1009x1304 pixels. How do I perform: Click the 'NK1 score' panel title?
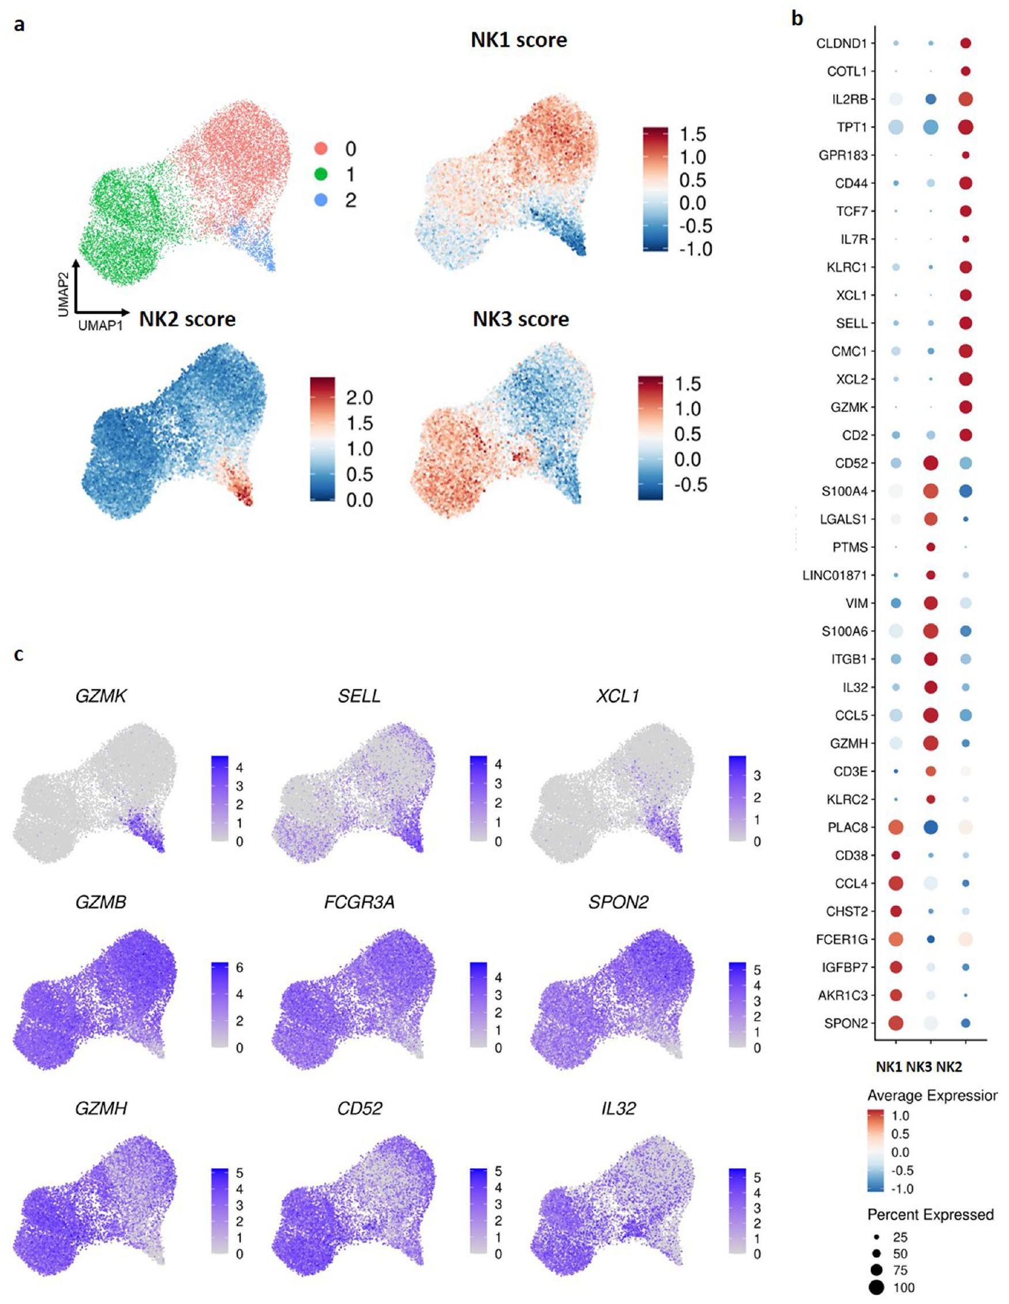pyautogui.click(x=519, y=40)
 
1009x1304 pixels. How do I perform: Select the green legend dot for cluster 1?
pyautogui.click(x=321, y=175)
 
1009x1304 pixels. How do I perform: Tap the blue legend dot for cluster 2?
pyautogui.click(x=321, y=200)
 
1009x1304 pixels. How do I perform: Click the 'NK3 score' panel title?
pyautogui.click(x=520, y=319)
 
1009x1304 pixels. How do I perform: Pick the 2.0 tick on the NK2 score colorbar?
pyautogui.click(x=360, y=397)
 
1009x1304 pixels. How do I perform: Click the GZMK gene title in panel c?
pyautogui.click(x=101, y=696)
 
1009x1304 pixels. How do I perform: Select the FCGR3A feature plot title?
pyautogui.click(x=360, y=902)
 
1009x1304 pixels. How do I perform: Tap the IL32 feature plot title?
pyautogui.click(x=618, y=1108)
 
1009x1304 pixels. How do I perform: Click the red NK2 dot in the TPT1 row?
pyautogui.click(x=965, y=127)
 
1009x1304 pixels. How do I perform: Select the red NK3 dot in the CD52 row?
pyautogui.click(x=930, y=463)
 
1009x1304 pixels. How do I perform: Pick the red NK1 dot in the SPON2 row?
pyautogui.click(x=895, y=1023)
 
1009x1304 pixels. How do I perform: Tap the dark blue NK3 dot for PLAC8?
pyautogui.click(x=930, y=827)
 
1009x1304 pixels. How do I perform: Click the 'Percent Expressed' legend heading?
pyautogui.click(x=930, y=1215)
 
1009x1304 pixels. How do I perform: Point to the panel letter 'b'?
pyautogui.click(x=797, y=19)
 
